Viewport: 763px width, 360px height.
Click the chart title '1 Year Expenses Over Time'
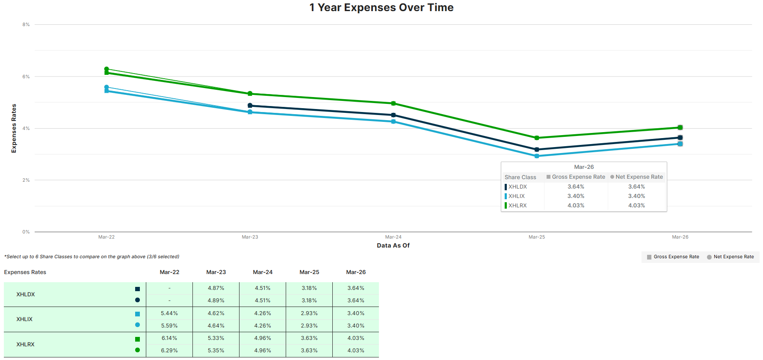tap(381, 8)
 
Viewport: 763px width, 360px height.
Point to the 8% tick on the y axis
tap(26, 25)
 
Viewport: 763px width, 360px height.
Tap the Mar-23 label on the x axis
tap(250, 237)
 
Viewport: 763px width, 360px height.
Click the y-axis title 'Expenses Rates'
tap(14, 128)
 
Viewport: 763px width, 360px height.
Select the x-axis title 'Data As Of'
tap(393, 245)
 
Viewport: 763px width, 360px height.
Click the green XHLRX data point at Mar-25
tap(537, 138)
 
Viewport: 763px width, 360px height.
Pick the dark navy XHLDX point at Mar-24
tap(393, 115)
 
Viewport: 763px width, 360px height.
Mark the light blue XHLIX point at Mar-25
tap(537, 156)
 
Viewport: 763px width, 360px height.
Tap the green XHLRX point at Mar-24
tap(393, 103)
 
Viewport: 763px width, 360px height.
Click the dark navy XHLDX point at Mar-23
tap(250, 106)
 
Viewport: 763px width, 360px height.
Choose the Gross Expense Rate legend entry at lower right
tap(673, 257)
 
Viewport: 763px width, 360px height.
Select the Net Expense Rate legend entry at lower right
tap(730, 257)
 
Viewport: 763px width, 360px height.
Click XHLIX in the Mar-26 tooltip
tap(516, 196)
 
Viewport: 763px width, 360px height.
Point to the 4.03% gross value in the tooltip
tap(576, 206)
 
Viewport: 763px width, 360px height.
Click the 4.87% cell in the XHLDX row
tap(216, 288)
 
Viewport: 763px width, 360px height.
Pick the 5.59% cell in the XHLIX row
tap(169, 326)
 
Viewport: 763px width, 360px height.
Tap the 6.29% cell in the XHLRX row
tap(169, 351)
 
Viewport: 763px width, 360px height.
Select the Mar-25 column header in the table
tap(309, 272)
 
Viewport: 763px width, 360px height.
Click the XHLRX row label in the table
tap(25, 345)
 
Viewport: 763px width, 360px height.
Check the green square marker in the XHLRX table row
tap(137, 339)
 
